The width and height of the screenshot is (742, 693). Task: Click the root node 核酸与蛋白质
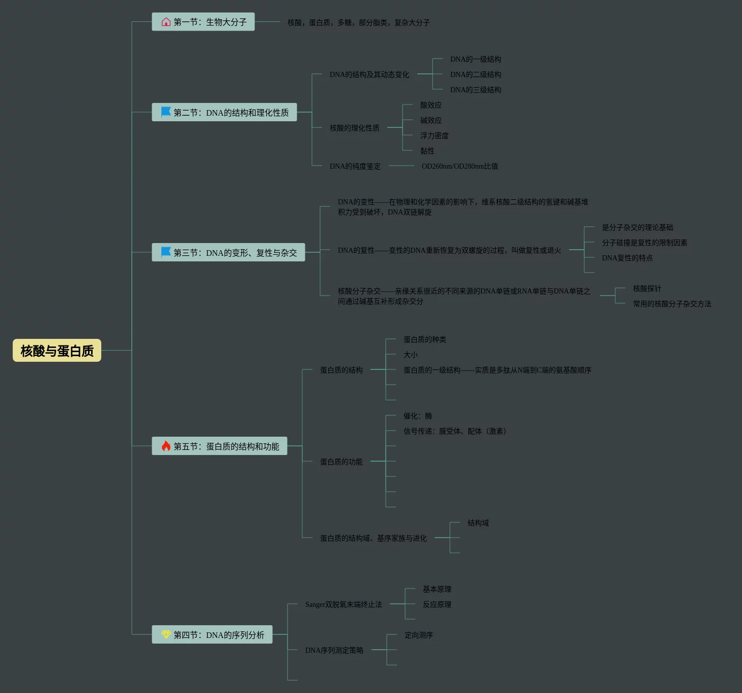(x=57, y=351)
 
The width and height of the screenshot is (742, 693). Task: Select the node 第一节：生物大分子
(x=204, y=22)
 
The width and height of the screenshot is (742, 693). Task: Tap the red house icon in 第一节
(x=166, y=22)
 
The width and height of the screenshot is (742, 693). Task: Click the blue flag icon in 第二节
(x=166, y=112)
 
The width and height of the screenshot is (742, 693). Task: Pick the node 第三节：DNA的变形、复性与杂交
(x=229, y=252)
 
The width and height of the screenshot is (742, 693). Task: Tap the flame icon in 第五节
(x=166, y=446)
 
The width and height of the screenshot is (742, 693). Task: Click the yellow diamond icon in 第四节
(x=166, y=634)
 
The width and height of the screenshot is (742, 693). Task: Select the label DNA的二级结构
(x=475, y=74)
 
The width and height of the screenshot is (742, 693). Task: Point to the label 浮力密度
(x=434, y=136)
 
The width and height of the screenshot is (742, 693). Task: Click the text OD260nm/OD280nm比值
(x=460, y=166)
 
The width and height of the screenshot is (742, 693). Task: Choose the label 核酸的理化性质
(x=354, y=128)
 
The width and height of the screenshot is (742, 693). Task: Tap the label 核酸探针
(x=647, y=288)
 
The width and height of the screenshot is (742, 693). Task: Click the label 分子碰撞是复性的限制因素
(x=644, y=243)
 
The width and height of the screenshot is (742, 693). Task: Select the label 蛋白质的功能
(x=341, y=462)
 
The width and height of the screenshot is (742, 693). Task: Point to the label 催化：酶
(x=417, y=416)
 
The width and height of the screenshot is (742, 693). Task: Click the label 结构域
(x=478, y=523)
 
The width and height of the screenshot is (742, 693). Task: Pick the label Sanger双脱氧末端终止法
(x=343, y=604)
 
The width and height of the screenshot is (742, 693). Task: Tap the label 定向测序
(x=418, y=635)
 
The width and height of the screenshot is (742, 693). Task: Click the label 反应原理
(x=437, y=604)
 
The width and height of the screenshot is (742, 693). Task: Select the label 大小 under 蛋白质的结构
(x=410, y=355)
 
